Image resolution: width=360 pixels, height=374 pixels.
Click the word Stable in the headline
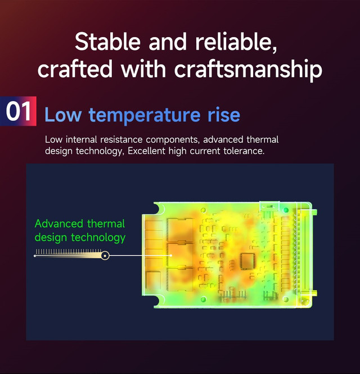coord(107,42)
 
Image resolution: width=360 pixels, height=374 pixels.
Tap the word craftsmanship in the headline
coord(249,69)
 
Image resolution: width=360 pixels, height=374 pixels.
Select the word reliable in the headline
coord(236,42)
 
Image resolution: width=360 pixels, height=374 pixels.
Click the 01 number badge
coord(18,111)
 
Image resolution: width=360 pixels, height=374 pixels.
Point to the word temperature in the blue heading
coord(145,115)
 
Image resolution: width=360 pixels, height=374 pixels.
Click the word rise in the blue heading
coord(224,115)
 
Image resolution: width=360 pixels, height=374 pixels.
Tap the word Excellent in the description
coord(146,151)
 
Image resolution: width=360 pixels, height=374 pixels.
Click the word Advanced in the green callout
coord(59,224)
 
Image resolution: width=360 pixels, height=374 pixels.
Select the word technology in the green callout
coord(98,238)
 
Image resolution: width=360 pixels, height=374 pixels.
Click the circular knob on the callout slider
coord(105,256)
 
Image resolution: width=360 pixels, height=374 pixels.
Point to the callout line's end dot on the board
coord(171,255)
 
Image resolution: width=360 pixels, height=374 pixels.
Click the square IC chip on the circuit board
coord(247,262)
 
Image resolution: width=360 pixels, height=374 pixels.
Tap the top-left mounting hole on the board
coord(203,210)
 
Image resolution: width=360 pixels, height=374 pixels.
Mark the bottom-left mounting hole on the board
coord(203,299)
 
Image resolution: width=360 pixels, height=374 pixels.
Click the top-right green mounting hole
coord(286,210)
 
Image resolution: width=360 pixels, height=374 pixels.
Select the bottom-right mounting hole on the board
coord(286,299)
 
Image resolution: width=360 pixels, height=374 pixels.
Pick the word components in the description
coord(172,140)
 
